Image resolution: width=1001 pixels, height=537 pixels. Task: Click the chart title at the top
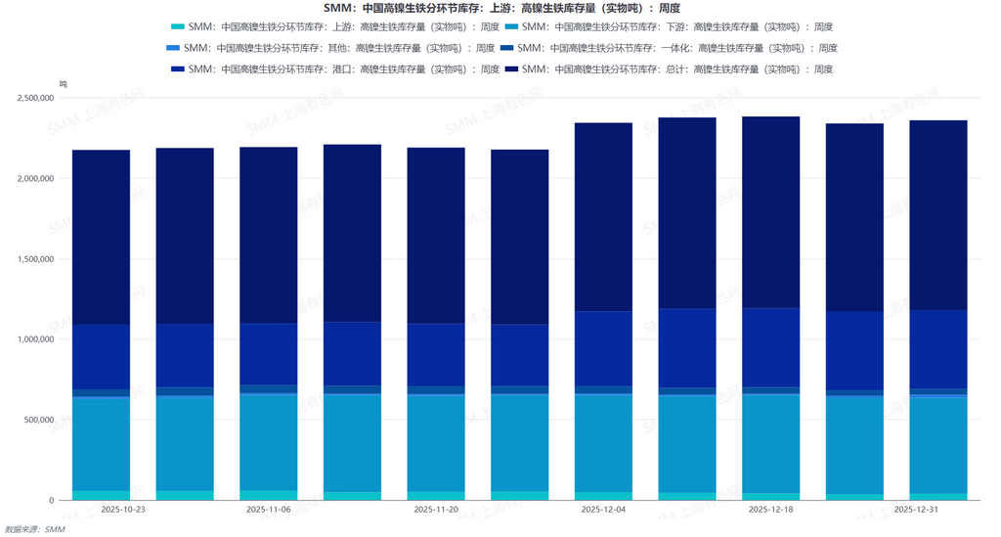500,8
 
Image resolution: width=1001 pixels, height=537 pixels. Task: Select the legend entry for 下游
669,27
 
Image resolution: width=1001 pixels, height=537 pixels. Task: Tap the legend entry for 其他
331,48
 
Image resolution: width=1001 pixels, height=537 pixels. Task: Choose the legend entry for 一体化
669,48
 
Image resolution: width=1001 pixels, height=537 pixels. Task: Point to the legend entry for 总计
669,69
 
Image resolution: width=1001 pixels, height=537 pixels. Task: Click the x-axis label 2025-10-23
123,510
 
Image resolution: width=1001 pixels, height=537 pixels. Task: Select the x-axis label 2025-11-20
436,510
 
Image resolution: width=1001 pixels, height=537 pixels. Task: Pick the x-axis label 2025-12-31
917,510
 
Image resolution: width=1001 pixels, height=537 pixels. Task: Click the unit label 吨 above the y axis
64,85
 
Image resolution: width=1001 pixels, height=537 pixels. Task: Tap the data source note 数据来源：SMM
35,529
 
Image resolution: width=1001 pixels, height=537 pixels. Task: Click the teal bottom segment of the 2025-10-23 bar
102,495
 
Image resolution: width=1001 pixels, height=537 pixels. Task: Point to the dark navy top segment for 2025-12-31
938,215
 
